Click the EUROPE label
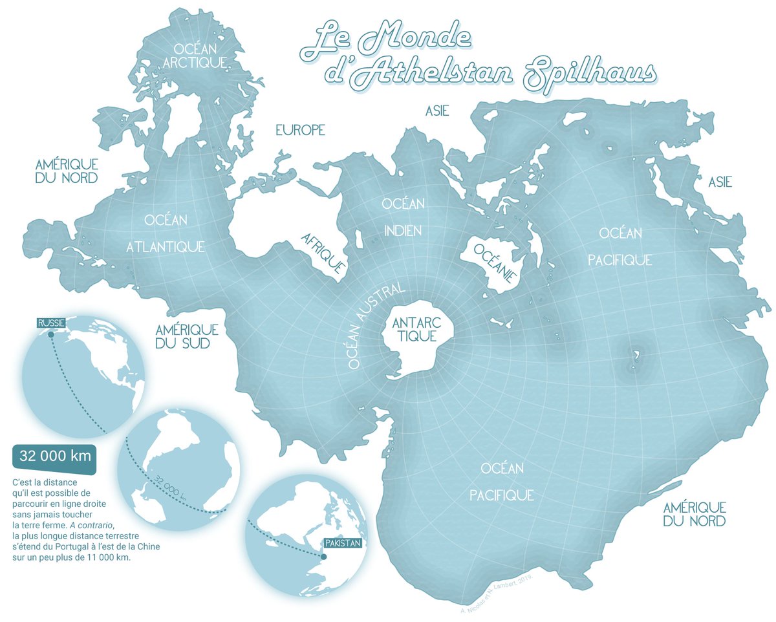pos(300,131)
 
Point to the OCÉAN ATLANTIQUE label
pos(166,233)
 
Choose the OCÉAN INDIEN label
pos(403,217)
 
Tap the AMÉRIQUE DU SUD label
pos(186,336)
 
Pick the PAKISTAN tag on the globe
pos(341,544)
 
